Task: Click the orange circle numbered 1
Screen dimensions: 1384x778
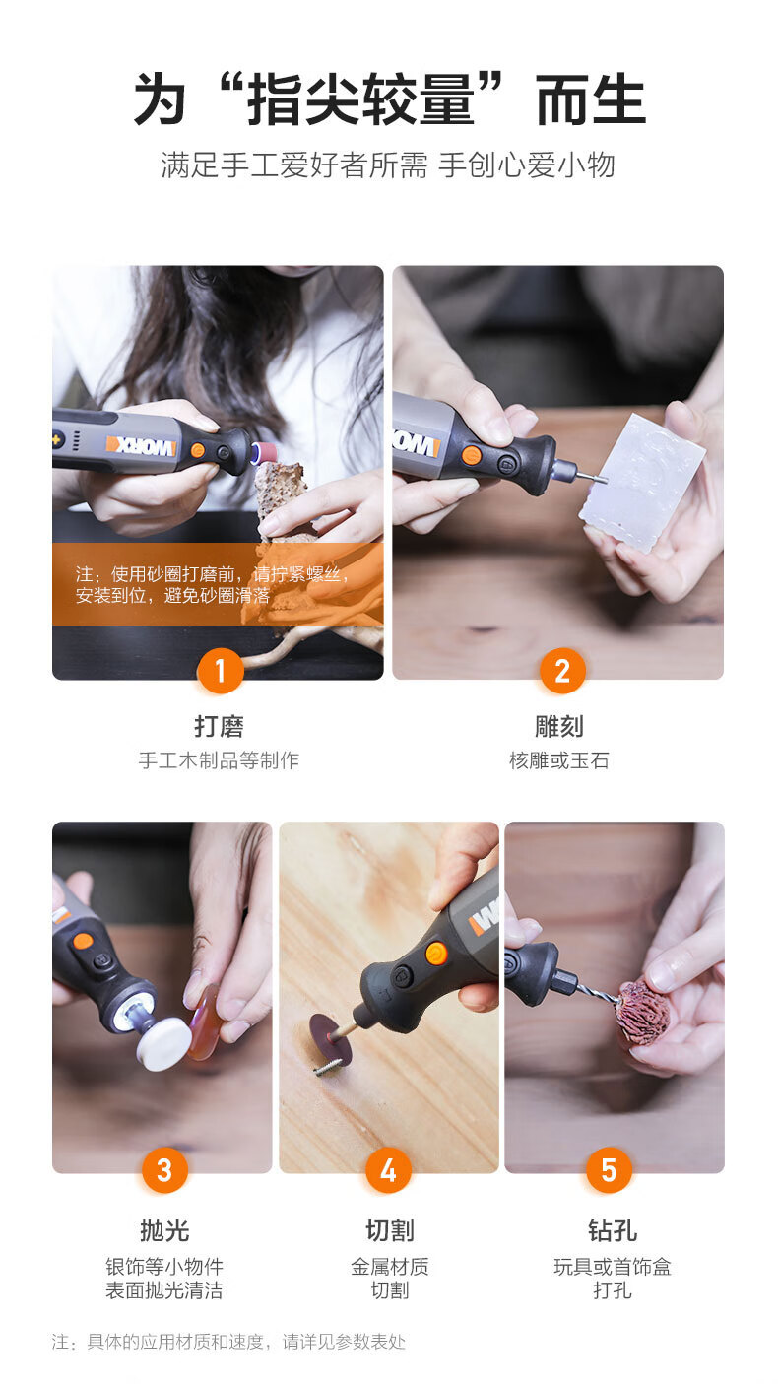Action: pyautogui.click(x=220, y=672)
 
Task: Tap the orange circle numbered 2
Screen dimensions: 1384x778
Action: pyautogui.click(x=562, y=672)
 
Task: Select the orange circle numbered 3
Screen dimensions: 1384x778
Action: pyautogui.click(x=164, y=1170)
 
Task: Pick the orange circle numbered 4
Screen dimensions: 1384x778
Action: pyautogui.click(x=388, y=1170)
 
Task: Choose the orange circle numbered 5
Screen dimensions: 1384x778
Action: pyautogui.click(x=609, y=1170)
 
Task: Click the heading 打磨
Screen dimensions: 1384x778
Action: pyautogui.click(x=219, y=727)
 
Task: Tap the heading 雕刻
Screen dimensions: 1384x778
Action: pyautogui.click(x=559, y=727)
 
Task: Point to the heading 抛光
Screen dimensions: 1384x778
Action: pyautogui.click(x=164, y=1230)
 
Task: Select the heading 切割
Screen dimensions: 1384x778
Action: pyautogui.click(x=390, y=1230)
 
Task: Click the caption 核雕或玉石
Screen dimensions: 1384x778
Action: pyautogui.click(x=559, y=760)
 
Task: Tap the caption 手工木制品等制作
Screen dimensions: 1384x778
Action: pyautogui.click(x=219, y=760)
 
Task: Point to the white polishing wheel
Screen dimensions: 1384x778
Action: pyautogui.click(x=163, y=1043)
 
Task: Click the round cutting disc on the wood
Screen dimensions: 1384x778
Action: pyautogui.click(x=331, y=1038)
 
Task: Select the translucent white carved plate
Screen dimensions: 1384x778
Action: pyautogui.click(x=642, y=484)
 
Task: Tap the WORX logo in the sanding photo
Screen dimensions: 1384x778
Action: pyautogui.click(x=142, y=445)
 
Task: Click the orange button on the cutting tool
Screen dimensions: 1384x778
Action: pyautogui.click(x=435, y=954)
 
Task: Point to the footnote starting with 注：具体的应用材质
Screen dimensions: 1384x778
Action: pyautogui.click(x=228, y=1342)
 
